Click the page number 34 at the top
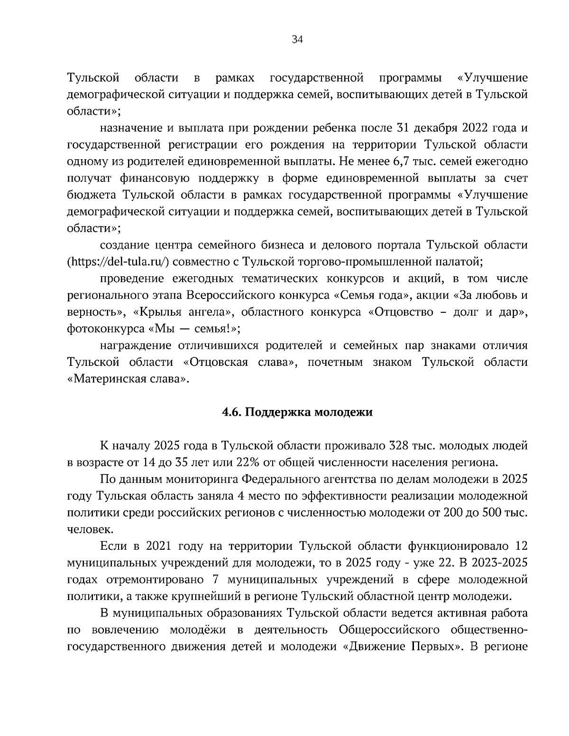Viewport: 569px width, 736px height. click(297, 40)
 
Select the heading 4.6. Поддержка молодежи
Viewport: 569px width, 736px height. click(297, 412)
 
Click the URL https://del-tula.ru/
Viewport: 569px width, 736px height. click(119, 261)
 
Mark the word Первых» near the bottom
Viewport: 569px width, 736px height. click(437, 647)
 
